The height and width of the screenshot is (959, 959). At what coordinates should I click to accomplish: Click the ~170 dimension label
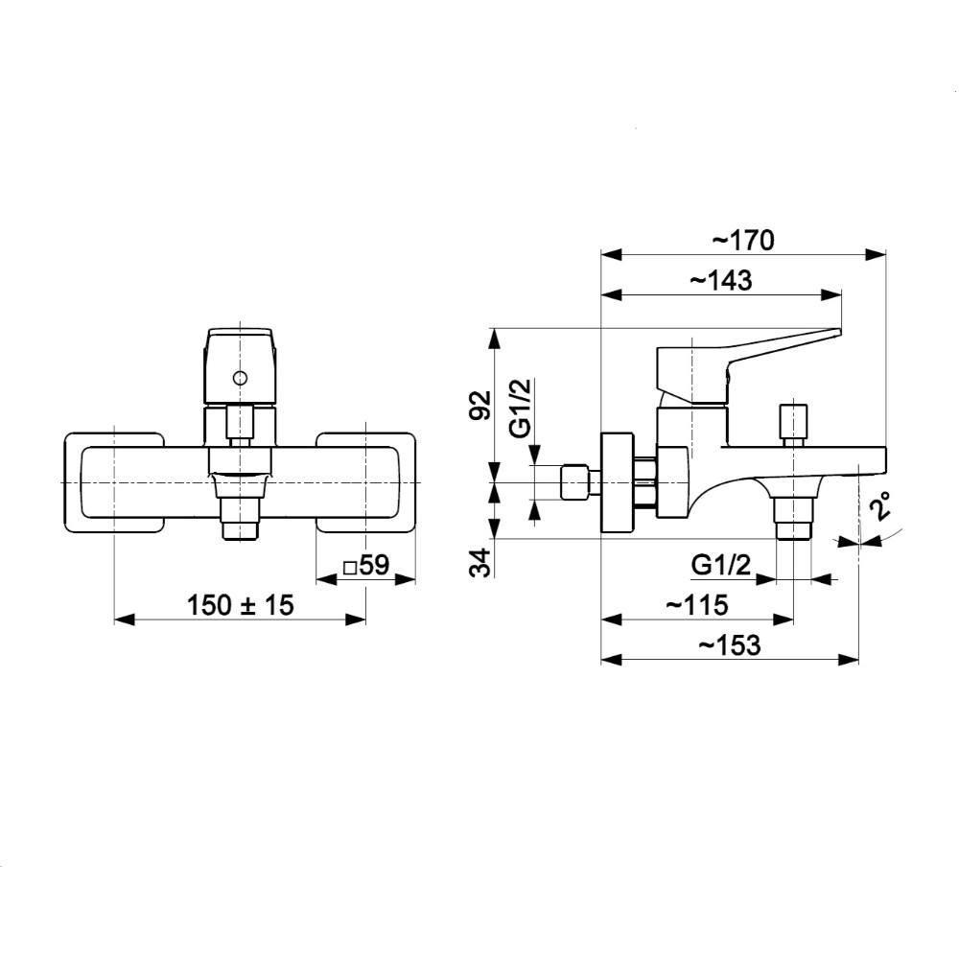[x=742, y=240]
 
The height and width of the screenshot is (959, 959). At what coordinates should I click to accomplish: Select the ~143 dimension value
[x=720, y=280]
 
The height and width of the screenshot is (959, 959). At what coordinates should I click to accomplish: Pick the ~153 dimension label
[x=728, y=645]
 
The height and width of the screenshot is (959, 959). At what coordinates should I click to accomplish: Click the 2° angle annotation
[x=881, y=506]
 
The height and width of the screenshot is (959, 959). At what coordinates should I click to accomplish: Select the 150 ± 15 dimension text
[x=240, y=605]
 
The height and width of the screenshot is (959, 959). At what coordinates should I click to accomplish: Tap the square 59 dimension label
[x=365, y=566]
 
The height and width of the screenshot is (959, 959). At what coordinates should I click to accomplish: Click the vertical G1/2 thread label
[x=519, y=408]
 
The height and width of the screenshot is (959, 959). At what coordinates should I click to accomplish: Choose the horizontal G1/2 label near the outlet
[x=721, y=566]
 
